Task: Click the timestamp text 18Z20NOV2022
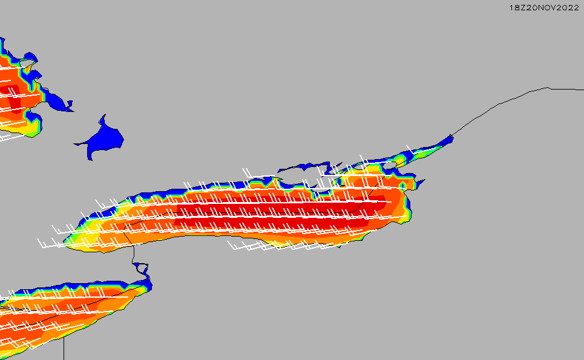(544, 7)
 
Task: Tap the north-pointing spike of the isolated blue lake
(105, 115)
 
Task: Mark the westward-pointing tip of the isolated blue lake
(74, 144)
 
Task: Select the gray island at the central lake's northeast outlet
(389, 165)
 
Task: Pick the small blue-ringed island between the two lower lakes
(141, 267)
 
